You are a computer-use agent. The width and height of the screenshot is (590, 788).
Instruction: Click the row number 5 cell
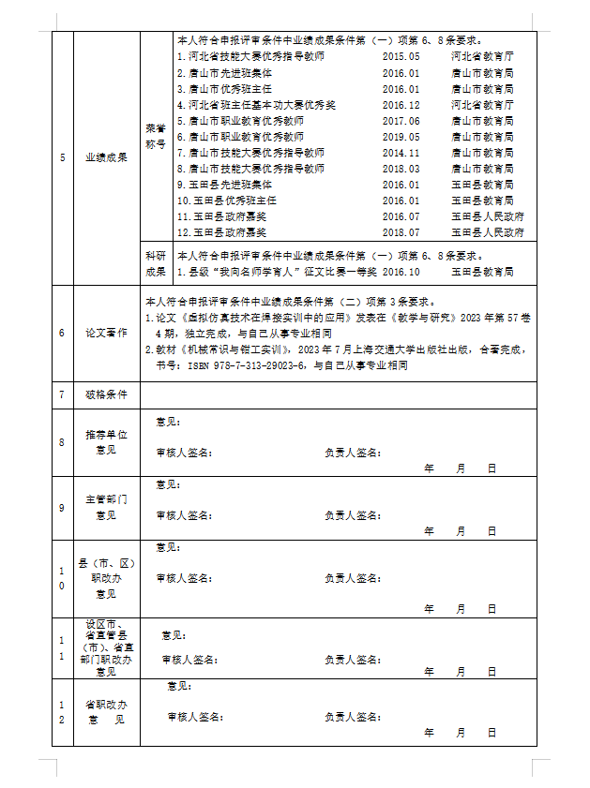click(62, 156)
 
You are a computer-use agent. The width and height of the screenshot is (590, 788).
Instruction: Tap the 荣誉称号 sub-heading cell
click(154, 137)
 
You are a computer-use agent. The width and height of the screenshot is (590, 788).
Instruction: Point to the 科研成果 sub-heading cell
click(154, 263)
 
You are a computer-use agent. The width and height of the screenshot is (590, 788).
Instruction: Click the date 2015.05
click(401, 56)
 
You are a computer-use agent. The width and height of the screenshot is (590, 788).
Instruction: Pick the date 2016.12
click(401, 105)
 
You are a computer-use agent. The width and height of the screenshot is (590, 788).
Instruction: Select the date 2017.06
click(401, 121)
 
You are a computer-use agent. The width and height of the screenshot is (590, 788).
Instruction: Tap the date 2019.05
click(401, 137)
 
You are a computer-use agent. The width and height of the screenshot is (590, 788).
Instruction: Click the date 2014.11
click(401, 152)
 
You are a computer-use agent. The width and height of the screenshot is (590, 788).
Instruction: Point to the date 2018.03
click(401, 168)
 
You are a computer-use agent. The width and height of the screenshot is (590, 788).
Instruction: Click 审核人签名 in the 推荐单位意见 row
click(185, 453)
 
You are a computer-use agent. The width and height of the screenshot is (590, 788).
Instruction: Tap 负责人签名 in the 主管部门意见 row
click(353, 514)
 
